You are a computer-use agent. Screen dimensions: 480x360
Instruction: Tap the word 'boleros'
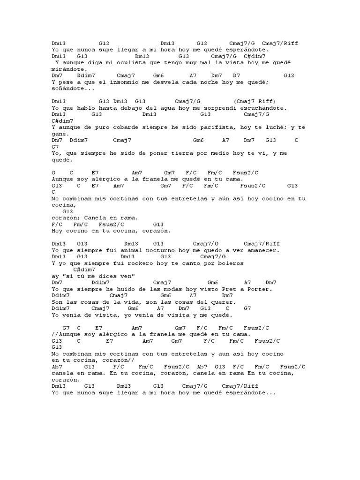[230, 263]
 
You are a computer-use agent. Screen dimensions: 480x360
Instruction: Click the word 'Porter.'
[259, 289]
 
